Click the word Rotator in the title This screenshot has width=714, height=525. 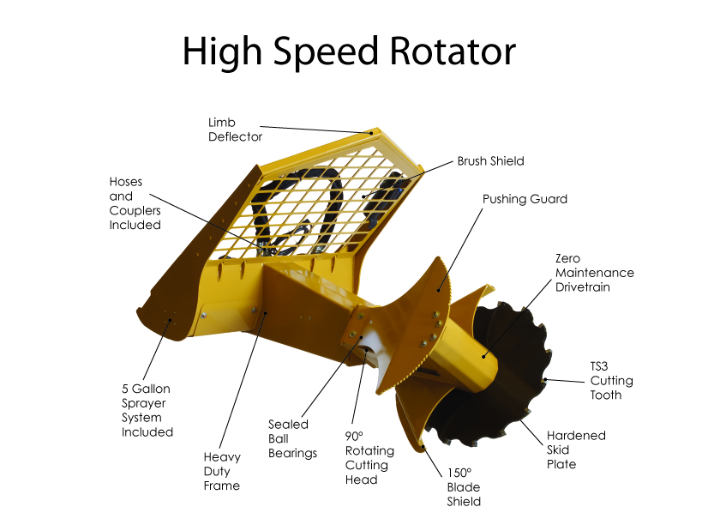453,51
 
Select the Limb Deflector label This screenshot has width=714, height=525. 235,130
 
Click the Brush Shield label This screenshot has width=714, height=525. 490,161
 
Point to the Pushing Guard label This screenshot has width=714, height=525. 525,199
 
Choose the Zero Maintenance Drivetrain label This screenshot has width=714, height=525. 594,273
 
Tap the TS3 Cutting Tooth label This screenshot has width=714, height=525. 611,381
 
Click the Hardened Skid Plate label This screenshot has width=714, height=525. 576,450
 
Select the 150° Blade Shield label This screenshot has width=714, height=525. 464,487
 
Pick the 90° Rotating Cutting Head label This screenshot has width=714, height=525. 369,457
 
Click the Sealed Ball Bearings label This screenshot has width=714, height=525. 292,438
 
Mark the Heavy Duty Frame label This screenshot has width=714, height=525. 222,471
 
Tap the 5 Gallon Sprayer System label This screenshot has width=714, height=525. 147,410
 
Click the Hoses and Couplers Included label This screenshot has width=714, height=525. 135,203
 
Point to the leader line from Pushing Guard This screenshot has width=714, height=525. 460,250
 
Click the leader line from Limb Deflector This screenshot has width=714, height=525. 315,130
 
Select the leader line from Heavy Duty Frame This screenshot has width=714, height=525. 243,380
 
